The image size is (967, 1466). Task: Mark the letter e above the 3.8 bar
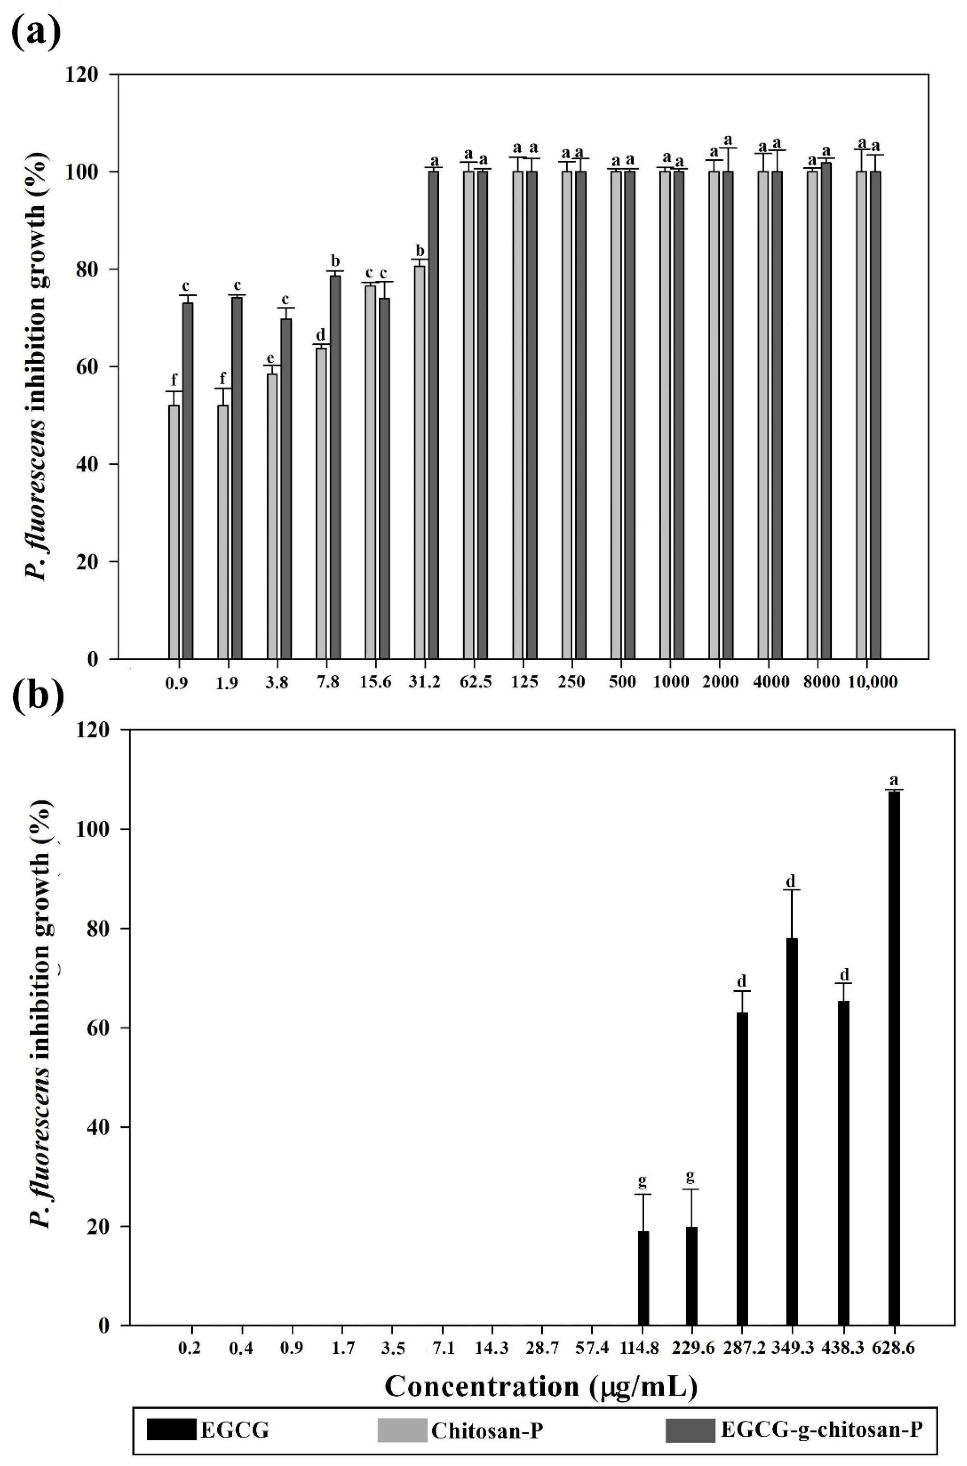[x=270, y=358]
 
